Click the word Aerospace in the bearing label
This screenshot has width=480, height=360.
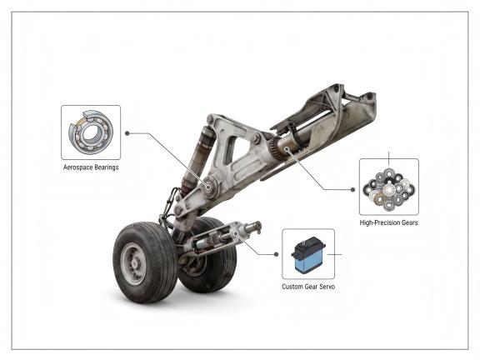pyautogui.click(x=77, y=167)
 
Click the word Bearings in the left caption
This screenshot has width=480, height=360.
pyautogui.click(x=106, y=167)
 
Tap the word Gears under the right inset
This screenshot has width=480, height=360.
pyautogui.click(x=409, y=222)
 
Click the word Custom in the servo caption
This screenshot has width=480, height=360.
pyautogui.click(x=292, y=287)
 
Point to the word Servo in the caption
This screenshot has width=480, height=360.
pyautogui.click(x=327, y=287)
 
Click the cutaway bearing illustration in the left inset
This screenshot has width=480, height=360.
pyautogui.click(x=91, y=132)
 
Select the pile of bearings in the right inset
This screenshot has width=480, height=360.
pyautogui.click(x=388, y=189)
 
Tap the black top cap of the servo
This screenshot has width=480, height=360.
pyautogui.click(x=308, y=247)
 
